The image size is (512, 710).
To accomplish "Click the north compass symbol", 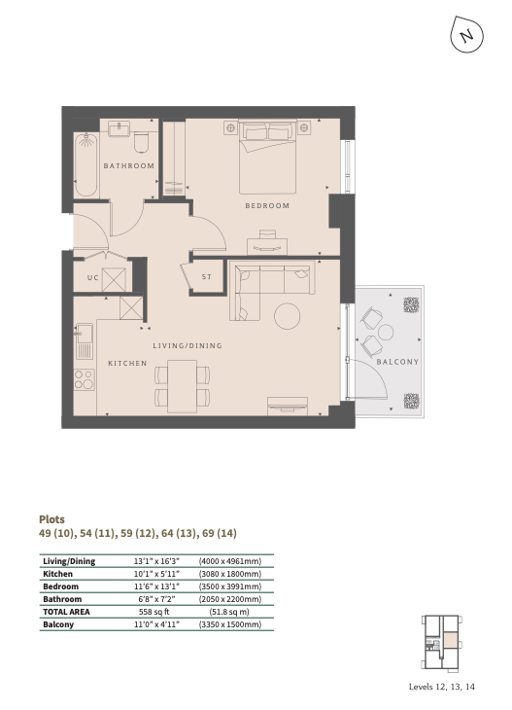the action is coord(466,35).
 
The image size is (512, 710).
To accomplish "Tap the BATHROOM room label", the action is coord(129,165).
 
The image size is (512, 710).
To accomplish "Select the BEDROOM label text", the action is coord(267,205).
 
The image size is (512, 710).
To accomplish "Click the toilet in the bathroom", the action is coord(142,141).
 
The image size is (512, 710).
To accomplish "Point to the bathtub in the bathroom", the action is coord(85,164).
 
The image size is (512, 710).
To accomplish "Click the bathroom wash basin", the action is coord(119,127).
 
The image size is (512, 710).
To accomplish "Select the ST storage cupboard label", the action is coord(207,276).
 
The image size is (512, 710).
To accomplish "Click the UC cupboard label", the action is coord(92,277).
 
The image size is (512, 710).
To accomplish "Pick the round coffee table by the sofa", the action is coord(288,316).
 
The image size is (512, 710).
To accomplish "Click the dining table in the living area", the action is coord(183,386).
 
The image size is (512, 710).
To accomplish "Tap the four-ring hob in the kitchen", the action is coord(85,379).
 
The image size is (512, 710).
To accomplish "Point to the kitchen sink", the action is coord(85,340).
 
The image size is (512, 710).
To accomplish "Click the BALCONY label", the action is coord(397,362).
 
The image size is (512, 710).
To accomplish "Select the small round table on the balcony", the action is coord(386,332).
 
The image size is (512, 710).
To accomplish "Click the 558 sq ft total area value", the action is coord(154,612).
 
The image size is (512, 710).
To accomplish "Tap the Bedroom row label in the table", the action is coord(60,586).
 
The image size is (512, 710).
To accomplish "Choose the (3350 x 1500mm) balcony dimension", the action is coord(230,624).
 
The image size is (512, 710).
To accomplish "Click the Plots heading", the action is coord(52,519).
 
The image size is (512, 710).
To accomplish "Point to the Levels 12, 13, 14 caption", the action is coord(442,687).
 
